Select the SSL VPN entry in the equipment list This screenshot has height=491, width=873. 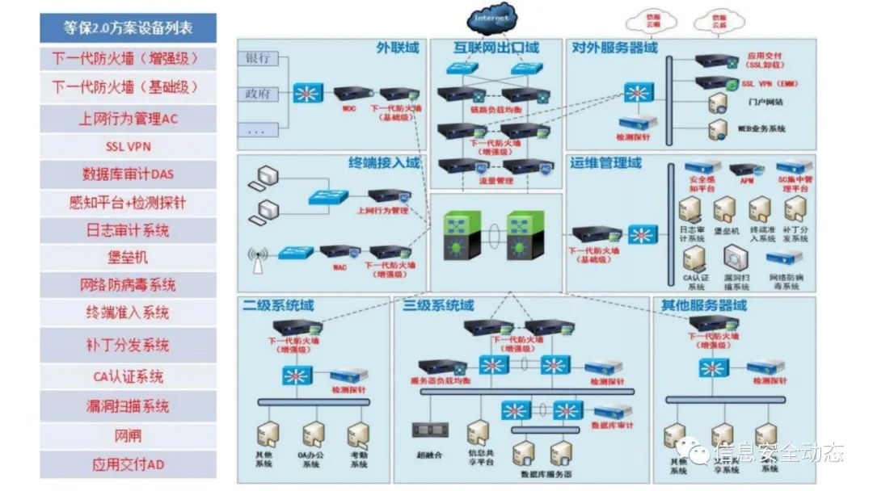point(128,147)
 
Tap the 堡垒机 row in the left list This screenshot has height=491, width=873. point(128,258)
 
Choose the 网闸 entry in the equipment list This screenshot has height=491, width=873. point(128,436)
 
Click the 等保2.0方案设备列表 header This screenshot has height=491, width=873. point(128,28)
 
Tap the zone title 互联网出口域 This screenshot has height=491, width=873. point(496,48)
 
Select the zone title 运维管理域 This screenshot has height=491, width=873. point(605,163)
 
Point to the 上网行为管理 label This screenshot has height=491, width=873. point(382,211)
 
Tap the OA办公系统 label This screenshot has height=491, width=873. point(311,460)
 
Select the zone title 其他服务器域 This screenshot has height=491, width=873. point(703,306)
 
